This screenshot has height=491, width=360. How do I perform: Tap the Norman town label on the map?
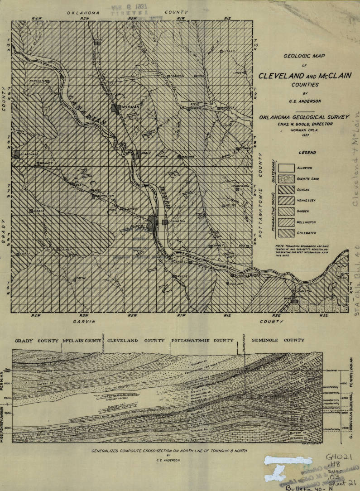(130, 107)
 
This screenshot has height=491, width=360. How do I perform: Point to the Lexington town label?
(177, 221)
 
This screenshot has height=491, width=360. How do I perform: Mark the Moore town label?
(98, 40)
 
